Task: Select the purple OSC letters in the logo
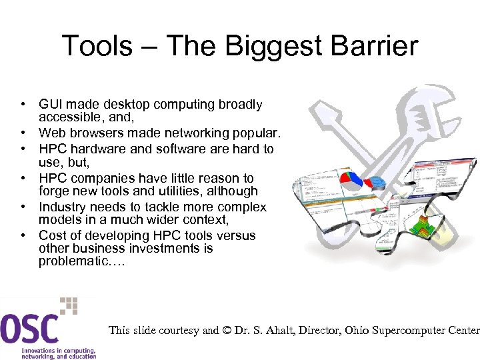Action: click(x=30, y=329)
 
